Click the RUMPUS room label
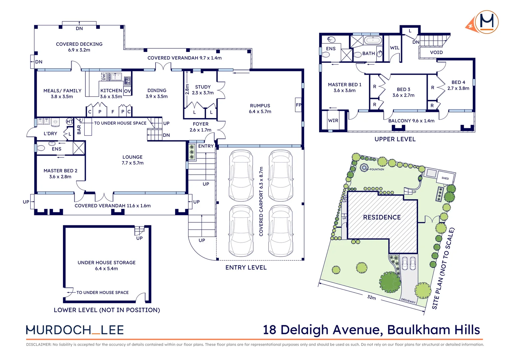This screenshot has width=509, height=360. coord(260,106)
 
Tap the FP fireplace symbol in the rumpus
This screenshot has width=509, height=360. coord(298,105)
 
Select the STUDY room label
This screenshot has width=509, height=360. coord(203,87)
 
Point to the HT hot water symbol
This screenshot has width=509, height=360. coord(69,122)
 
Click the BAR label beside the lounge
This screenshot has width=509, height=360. coord(79,129)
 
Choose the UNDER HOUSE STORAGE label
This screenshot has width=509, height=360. coord(107,263)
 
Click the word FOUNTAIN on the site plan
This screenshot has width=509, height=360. coord(377,169)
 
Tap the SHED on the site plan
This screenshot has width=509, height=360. coord(445,178)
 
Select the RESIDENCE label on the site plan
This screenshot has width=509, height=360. coord(382,217)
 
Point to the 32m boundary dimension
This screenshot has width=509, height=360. coord(371,297)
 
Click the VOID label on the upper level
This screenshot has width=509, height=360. coord(436,53)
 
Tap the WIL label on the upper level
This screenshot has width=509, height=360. coord(394,48)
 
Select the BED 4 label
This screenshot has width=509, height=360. coord(458,82)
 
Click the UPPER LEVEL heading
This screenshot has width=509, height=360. coord(395,139)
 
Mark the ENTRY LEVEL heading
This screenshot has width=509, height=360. coord(246,268)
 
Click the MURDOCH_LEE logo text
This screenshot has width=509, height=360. coord(75,330)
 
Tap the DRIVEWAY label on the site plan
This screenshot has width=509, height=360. coord(408,301)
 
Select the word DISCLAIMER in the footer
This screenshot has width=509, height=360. coord(38,345)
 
